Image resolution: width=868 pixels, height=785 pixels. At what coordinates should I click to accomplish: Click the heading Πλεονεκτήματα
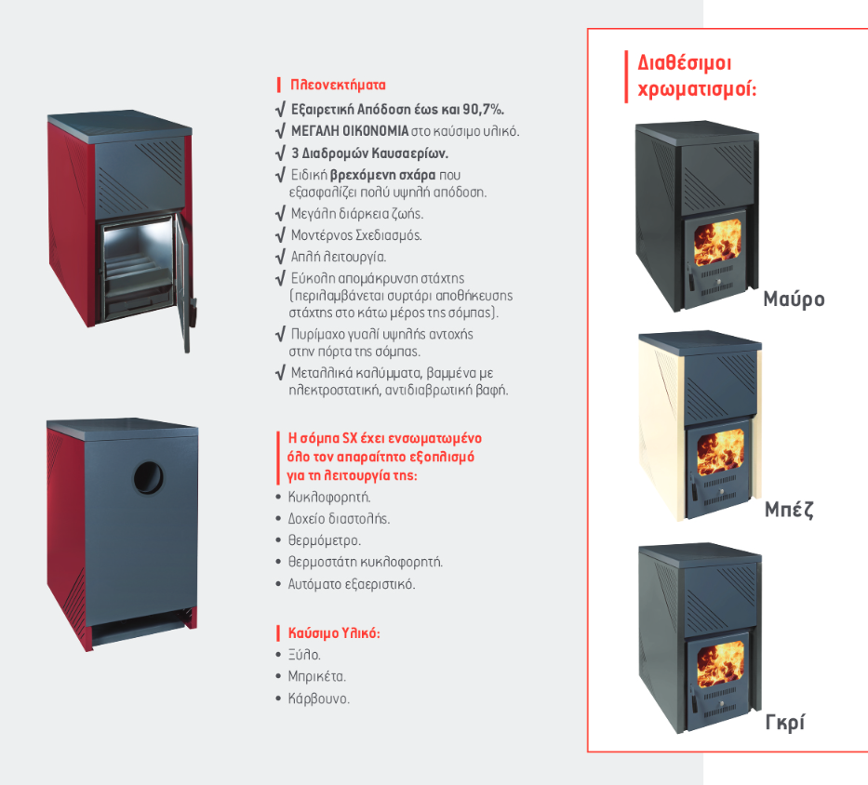coord(338,85)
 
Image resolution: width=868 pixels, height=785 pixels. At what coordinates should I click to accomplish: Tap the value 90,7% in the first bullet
coord(483,109)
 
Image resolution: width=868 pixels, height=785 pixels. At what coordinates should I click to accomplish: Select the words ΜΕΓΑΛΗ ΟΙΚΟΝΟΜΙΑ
coord(350,131)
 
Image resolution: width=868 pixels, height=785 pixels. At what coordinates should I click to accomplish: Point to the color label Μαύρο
coord(794,299)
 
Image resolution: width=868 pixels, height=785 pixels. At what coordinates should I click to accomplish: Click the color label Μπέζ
coord(789,510)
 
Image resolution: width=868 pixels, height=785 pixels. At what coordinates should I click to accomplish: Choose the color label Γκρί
coord(785,723)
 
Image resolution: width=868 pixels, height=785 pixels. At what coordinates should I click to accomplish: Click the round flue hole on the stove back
coord(148,478)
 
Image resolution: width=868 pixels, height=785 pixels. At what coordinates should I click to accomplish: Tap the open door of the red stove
coord(185,283)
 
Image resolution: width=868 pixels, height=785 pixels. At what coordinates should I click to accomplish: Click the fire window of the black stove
coord(717,242)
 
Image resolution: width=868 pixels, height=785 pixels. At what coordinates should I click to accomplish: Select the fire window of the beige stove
coord(720,453)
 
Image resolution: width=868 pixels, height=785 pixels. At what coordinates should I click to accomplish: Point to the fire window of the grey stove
coord(720,664)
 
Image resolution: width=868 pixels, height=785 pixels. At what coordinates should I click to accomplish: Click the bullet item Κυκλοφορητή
coord(329,497)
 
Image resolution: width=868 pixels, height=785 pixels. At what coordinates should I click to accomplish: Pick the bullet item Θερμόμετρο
coord(325,540)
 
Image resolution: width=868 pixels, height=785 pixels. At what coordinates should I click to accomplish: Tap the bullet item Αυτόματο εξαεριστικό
coord(352,584)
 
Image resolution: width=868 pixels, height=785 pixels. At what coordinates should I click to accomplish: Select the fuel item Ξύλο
coord(304,655)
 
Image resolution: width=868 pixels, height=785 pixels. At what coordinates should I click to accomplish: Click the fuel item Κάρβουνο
coord(319,699)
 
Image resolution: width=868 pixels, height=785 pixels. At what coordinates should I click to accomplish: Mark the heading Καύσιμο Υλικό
coord(334,632)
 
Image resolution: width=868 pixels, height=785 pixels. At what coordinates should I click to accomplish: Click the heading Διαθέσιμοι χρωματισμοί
coord(697,76)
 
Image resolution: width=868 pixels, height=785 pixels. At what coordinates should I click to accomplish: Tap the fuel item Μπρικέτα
coord(316,676)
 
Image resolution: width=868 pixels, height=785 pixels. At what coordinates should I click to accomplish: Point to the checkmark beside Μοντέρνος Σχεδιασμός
coord(281,235)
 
